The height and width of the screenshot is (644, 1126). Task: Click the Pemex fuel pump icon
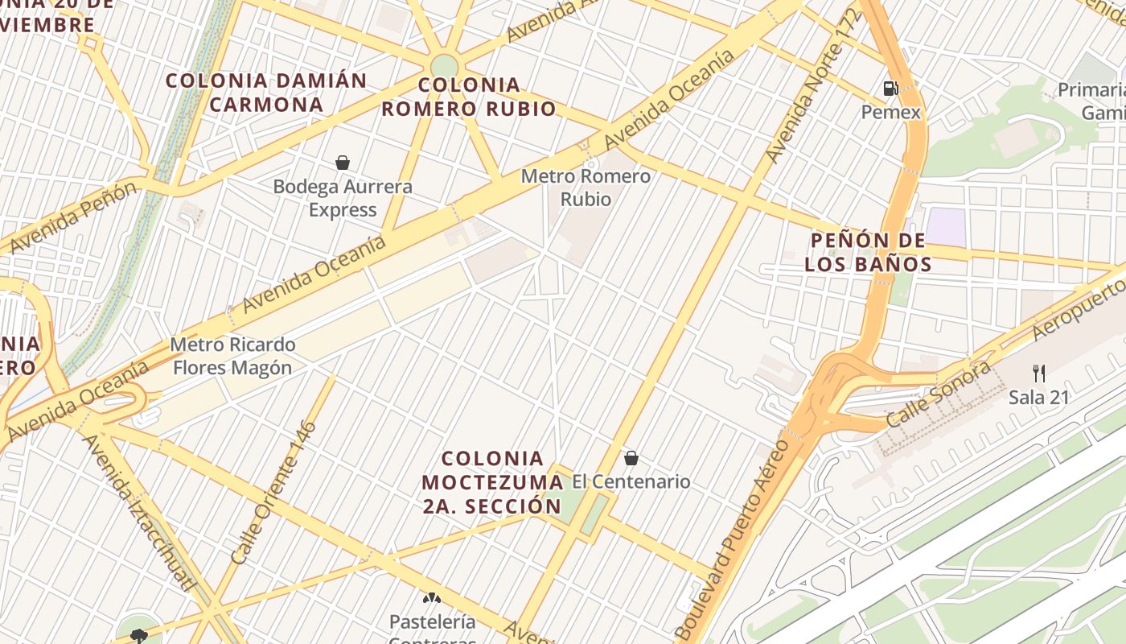[x=890, y=89]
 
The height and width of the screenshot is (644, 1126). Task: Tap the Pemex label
[x=890, y=112]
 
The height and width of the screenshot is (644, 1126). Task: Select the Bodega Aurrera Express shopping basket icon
[x=343, y=163]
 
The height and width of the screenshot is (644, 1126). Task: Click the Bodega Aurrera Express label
[x=343, y=198]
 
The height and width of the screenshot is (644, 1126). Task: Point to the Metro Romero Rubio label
[x=586, y=187]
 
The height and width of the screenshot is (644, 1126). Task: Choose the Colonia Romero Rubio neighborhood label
[x=469, y=97]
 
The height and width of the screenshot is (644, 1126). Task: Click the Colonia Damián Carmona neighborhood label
[x=266, y=92]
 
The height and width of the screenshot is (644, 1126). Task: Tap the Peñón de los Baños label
[x=868, y=252]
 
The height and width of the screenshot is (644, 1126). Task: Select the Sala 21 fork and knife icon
[x=1039, y=373]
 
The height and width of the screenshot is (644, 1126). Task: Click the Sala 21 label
[x=1038, y=397]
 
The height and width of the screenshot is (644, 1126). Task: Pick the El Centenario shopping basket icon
[x=631, y=458]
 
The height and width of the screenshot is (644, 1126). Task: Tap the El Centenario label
[x=631, y=481]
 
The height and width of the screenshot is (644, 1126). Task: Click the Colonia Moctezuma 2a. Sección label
[x=491, y=482]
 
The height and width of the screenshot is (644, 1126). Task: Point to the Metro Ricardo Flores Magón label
[x=232, y=356]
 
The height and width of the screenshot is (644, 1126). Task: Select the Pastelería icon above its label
[x=432, y=598]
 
